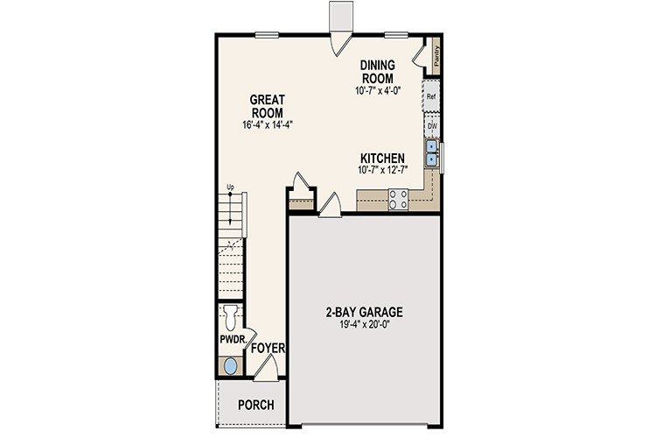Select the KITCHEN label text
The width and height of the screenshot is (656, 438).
380,159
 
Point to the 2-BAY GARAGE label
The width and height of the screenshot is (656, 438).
358,312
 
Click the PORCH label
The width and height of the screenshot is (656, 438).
255,406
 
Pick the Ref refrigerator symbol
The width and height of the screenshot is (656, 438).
431,96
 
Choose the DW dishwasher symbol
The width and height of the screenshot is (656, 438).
431,126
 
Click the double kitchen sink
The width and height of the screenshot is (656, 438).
431,153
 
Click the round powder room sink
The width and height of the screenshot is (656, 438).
230,366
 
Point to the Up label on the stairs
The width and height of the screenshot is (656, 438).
231,187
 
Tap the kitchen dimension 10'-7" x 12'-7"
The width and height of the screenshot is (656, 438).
380,170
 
